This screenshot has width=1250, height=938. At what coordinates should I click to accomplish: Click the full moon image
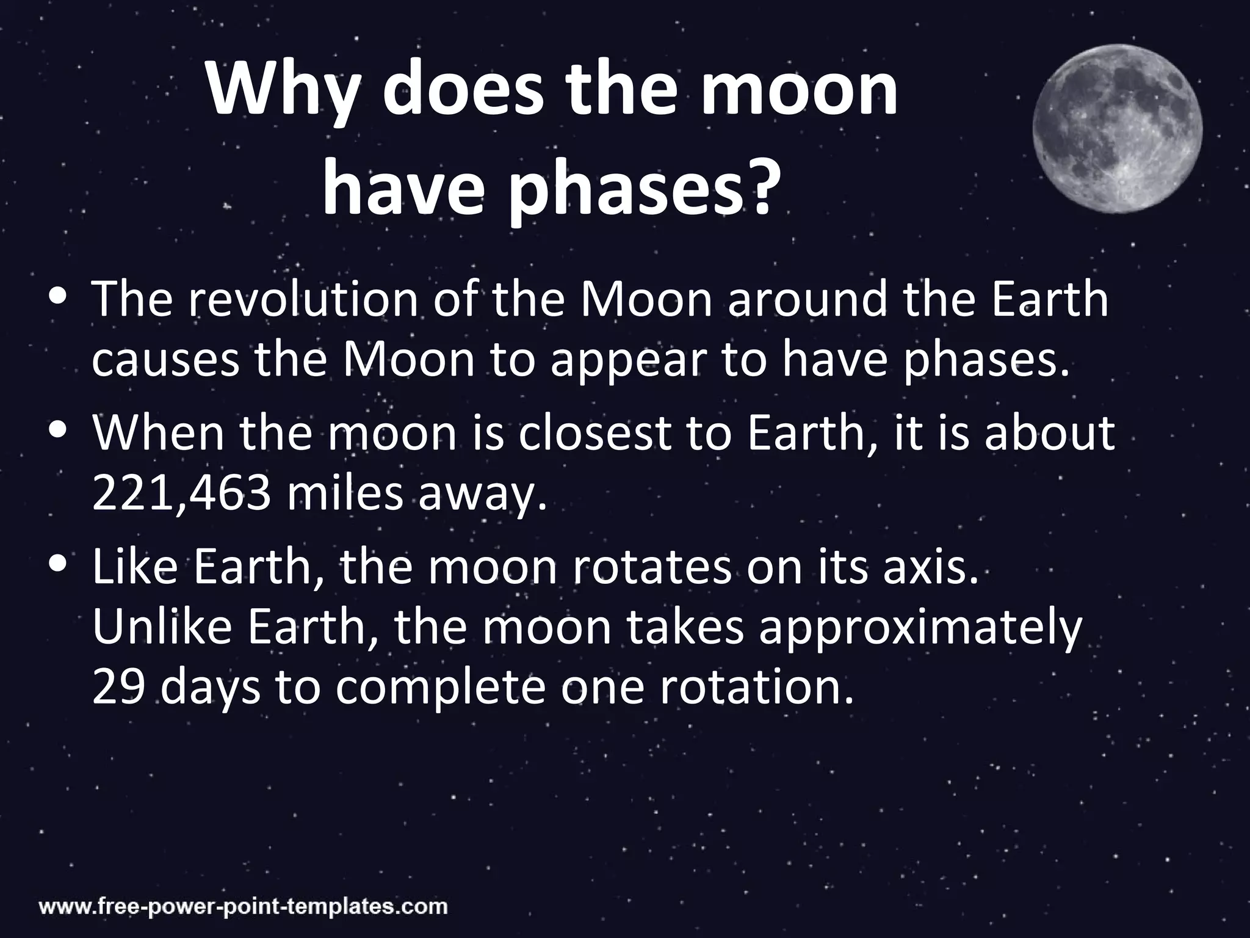coord(1118,128)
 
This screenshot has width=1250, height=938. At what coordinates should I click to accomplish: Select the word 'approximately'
coord(919,629)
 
